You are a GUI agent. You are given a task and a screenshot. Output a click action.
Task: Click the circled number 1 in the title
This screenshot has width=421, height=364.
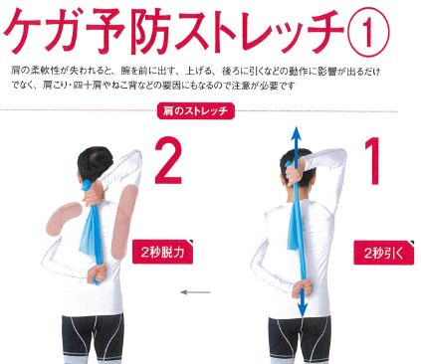[x=367, y=33]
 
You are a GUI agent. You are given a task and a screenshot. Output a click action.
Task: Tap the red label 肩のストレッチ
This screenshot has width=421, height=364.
[x=196, y=111]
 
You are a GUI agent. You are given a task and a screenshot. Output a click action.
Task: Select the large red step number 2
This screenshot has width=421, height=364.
[x=168, y=161]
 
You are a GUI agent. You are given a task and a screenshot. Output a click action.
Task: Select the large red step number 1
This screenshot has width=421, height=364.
[x=373, y=161]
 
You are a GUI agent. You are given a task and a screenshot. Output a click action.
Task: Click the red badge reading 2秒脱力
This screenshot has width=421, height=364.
[x=162, y=252]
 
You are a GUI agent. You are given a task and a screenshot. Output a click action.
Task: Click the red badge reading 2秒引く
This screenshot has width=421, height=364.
[x=384, y=253]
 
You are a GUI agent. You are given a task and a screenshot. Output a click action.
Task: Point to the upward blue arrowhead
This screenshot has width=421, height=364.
[x=296, y=134]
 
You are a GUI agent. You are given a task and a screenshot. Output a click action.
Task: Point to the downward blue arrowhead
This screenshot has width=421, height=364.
[x=303, y=309]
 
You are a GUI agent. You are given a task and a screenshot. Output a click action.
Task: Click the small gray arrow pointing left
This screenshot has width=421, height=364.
[x=195, y=292]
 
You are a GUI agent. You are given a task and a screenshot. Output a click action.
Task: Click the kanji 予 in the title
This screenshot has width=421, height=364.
[x=106, y=32]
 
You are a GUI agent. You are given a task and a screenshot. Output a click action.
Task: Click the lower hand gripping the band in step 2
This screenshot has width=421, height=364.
[x=96, y=274]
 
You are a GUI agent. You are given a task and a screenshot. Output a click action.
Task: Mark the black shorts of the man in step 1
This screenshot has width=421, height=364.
[x=300, y=336]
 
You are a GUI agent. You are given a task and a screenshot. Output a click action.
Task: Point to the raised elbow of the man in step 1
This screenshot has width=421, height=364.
[x=339, y=156]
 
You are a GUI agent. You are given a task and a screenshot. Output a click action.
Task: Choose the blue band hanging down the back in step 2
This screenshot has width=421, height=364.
[x=91, y=229]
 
